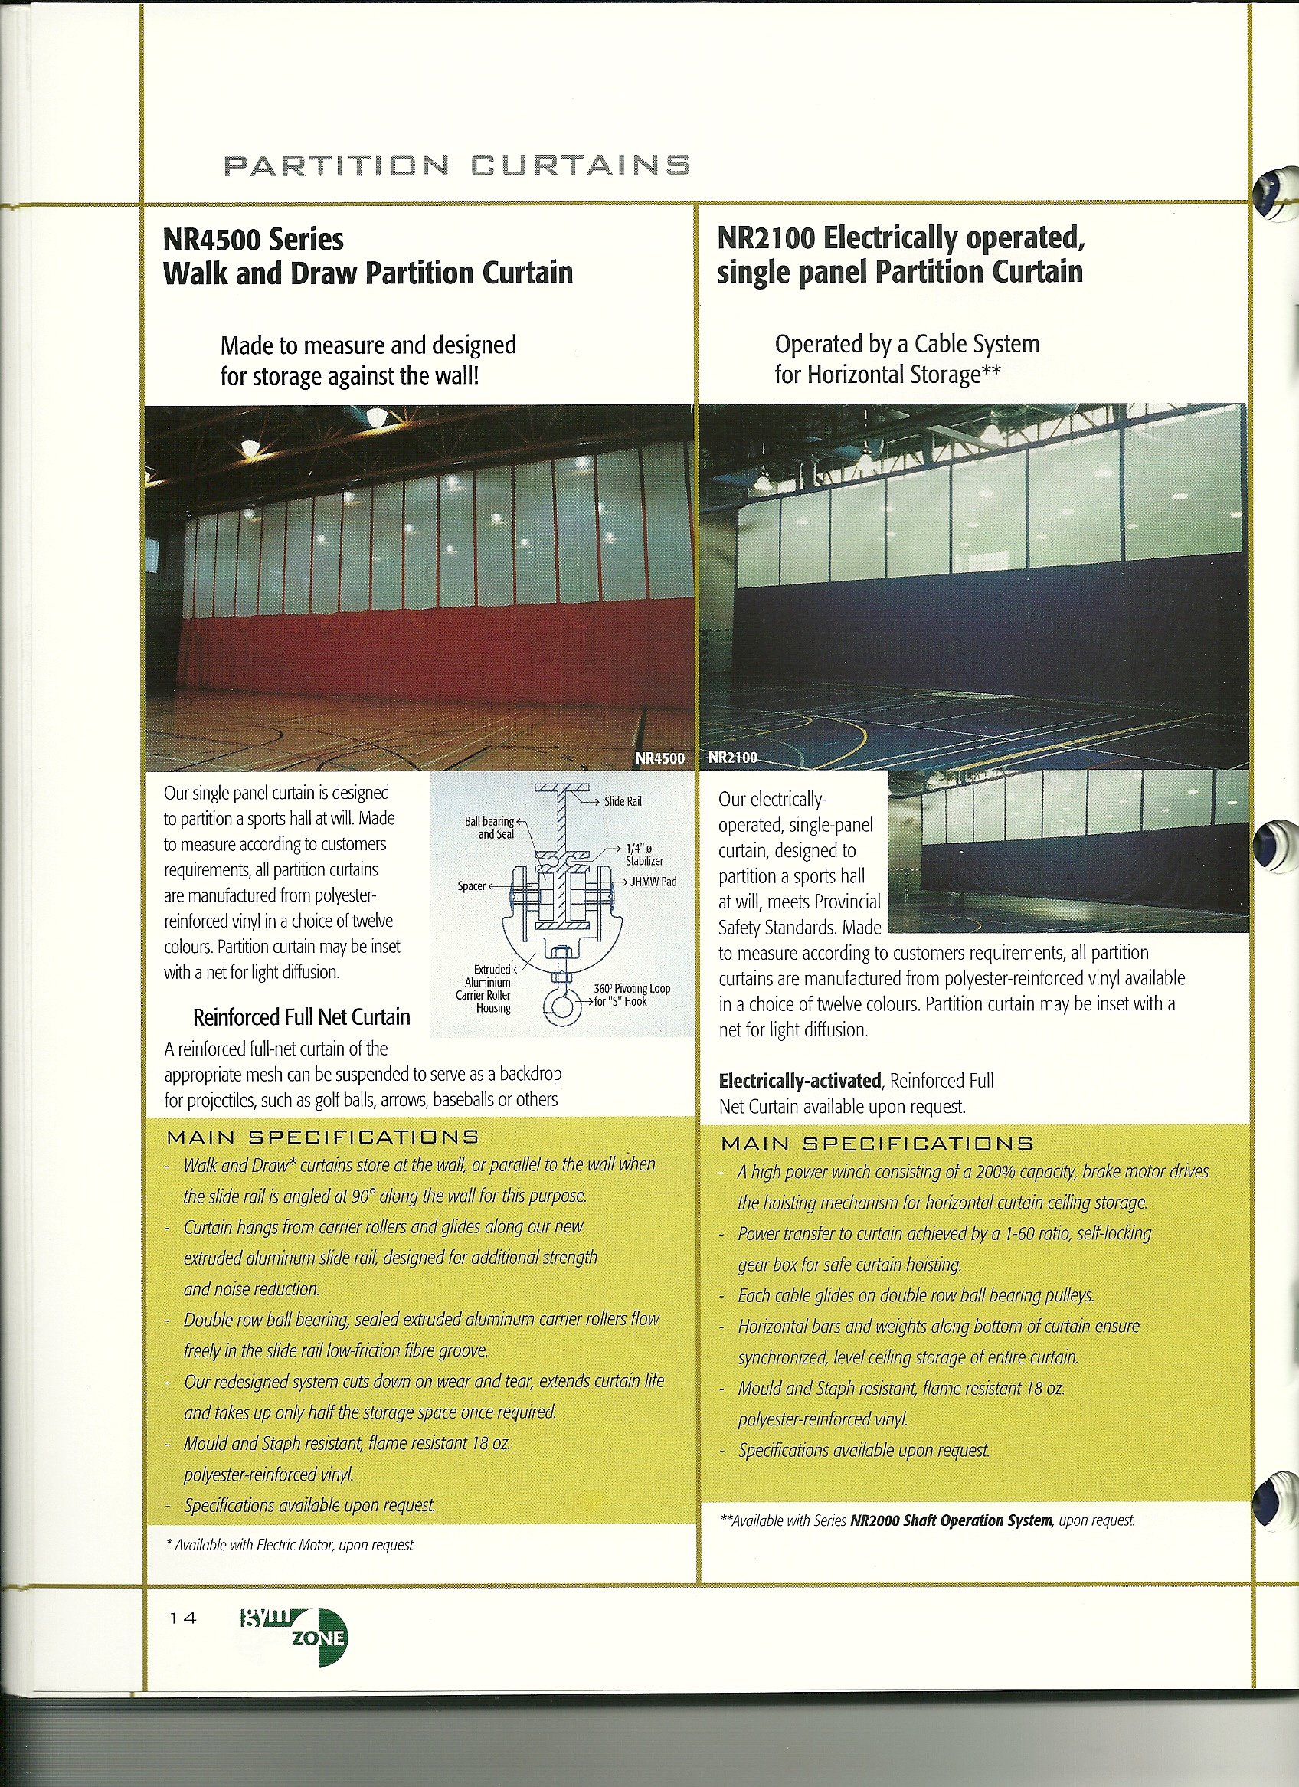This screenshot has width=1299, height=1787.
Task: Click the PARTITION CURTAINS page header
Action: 456,165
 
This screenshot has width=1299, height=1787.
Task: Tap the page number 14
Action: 183,1618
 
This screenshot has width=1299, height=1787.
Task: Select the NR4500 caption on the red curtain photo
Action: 659,758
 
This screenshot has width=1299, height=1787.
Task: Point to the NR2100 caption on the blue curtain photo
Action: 731,758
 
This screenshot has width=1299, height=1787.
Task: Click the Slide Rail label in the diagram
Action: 623,801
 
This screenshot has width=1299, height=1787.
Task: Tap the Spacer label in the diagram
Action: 472,885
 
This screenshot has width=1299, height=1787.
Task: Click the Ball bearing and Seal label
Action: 489,827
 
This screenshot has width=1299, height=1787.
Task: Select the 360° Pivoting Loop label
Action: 632,994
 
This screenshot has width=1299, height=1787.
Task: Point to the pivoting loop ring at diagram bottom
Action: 562,1007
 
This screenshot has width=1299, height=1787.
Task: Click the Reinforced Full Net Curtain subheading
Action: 302,1017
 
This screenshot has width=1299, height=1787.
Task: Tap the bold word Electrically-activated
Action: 800,1080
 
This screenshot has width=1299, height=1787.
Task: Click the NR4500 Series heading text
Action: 253,240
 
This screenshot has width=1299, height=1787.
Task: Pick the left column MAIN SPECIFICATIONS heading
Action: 322,1137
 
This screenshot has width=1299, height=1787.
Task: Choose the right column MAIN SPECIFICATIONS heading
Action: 877,1144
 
